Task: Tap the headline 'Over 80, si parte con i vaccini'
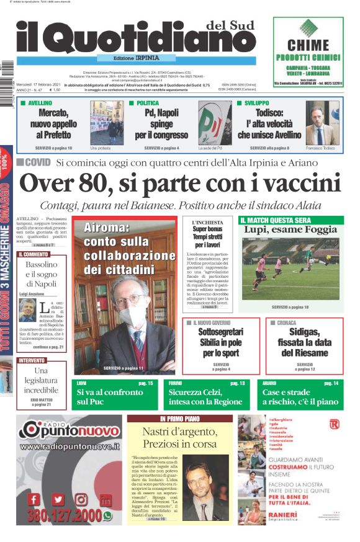click(180, 184)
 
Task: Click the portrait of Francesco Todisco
click(322, 123)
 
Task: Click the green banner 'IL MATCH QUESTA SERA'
click(276, 220)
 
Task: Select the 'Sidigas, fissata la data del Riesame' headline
click(305, 342)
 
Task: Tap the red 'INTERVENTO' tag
click(32, 360)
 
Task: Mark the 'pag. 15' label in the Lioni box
click(146, 383)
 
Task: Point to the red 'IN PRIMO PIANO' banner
click(180, 418)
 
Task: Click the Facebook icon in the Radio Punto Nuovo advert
click(34, 499)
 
